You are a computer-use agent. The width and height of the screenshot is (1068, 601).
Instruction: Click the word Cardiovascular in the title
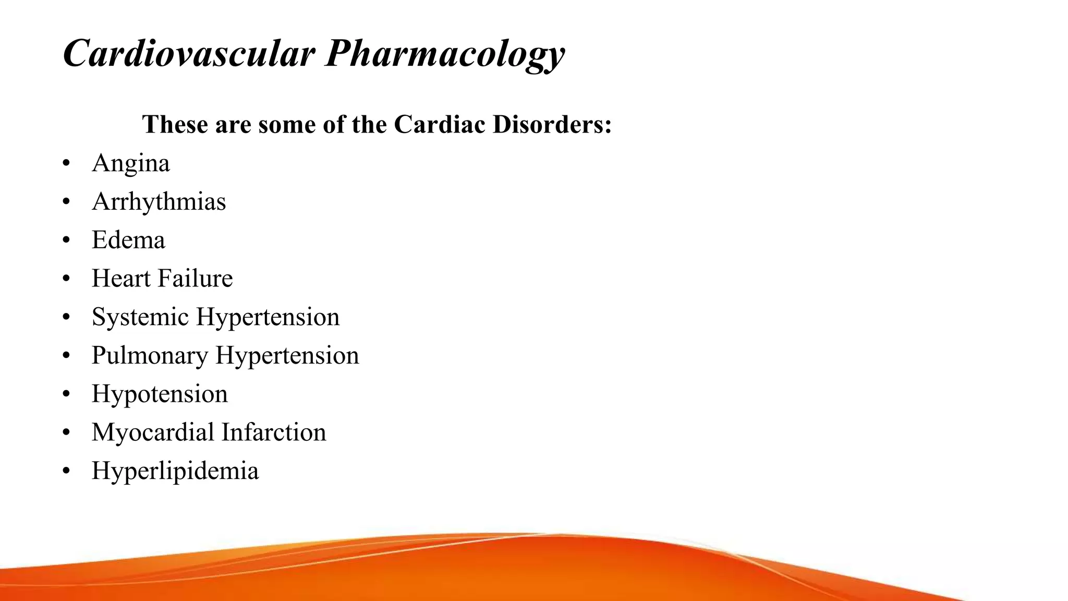[x=189, y=53]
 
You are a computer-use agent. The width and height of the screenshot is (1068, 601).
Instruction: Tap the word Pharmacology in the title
[x=444, y=53]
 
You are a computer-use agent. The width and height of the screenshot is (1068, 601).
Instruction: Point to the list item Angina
[x=130, y=163]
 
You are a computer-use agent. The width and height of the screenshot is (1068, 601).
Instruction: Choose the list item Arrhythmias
[x=159, y=201]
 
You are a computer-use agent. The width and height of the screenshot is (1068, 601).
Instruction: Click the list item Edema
[x=128, y=240]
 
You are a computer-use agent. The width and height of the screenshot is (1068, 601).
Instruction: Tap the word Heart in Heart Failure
[x=121, y=278]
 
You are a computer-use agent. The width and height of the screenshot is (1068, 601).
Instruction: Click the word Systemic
[x=140, y=317]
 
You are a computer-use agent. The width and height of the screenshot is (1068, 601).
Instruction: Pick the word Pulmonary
[x=150, y=355]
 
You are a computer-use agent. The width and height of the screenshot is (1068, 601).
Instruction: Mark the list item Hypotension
[x=160, y=394]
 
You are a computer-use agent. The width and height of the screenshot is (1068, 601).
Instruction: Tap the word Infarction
[x=273, y=432]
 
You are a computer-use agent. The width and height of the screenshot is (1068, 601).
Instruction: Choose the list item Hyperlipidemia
[x=175, y=471]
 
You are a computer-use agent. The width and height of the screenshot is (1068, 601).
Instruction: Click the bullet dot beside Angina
[x=66, y=164]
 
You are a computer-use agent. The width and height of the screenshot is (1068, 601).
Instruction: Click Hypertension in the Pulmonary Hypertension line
[x=287, y=355]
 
